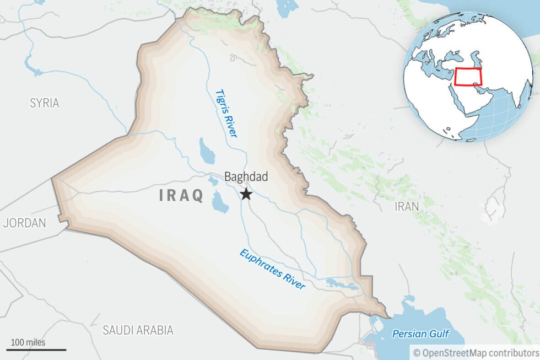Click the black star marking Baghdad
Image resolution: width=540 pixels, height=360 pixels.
coord(246,194)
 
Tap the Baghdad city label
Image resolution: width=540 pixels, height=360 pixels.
coord(246,177)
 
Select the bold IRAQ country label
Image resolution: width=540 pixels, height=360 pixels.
coord(181,195)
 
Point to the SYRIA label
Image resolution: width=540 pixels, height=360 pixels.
coord(45,103)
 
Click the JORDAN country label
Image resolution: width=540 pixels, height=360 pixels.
coord(24,223)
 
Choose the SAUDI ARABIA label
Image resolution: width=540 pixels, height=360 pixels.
coord(138,330)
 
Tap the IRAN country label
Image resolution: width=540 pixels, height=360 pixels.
coord(407,206)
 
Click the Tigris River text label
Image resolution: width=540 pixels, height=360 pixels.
coord(226,113)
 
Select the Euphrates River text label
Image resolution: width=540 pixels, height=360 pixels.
coord(272,269)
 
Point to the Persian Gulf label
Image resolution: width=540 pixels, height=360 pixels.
coord(420,334)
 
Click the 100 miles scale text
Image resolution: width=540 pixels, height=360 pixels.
coord(28,342)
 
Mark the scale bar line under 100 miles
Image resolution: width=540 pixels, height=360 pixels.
coord(36,350)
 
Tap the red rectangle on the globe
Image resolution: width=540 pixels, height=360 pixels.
coord(468,77)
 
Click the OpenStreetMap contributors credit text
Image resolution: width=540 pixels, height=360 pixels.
coord(477,352)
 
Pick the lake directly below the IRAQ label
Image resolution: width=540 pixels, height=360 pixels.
coord(220,202)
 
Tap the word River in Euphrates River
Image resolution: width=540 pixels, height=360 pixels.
coord(291,280)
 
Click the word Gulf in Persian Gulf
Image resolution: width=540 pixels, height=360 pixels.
coord(439,334)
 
